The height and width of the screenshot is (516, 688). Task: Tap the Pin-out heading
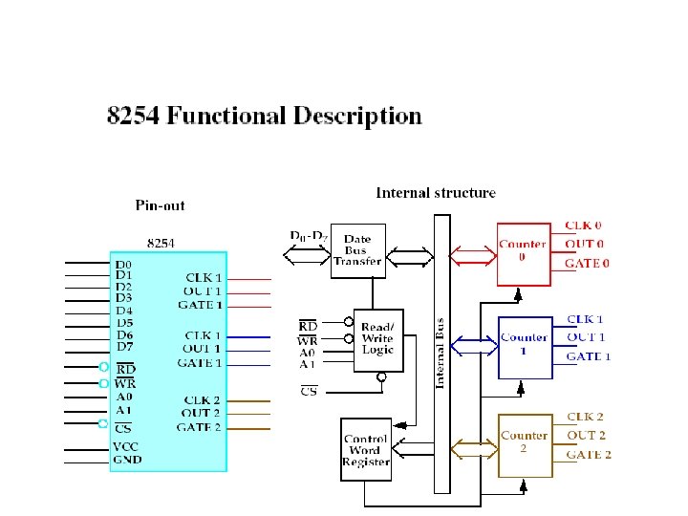[160, 204]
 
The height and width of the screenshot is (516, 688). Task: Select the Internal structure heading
[436, 193]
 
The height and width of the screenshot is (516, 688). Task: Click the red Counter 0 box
[524, 253]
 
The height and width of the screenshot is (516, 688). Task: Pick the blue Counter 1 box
[525, 347]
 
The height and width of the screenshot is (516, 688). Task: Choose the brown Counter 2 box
[525, 445]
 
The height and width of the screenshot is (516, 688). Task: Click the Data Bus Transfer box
[357, 250]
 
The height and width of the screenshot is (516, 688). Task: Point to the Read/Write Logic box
[376, 338]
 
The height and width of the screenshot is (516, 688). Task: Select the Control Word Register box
[365, 449]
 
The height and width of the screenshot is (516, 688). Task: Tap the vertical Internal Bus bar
[441, 354]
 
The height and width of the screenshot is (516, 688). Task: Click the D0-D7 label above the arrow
[308, 235]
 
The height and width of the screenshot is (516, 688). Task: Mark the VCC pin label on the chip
[126, 445]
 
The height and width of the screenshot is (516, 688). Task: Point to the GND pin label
[126, 460]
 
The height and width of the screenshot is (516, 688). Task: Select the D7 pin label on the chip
[124, 346]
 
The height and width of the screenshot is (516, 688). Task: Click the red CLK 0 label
[583, 226]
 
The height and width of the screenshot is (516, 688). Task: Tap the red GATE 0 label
[587, 263]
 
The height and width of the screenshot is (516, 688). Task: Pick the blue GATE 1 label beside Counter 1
[589, 356]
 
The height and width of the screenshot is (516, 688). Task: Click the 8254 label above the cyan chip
[161, 243]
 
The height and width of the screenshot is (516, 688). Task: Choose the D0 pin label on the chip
[124, 264]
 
